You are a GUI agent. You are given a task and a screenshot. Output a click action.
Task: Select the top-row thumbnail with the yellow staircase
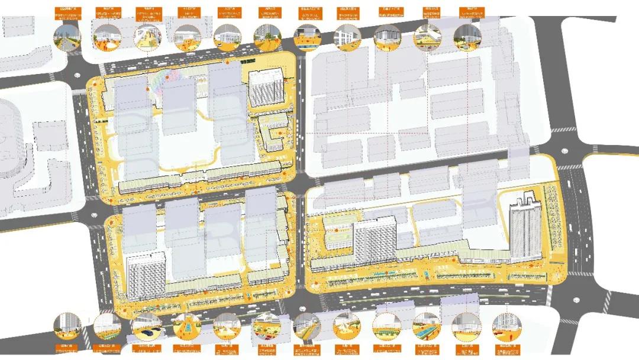tap(147, 37)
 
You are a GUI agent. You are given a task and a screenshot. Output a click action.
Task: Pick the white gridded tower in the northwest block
tap(262, 89)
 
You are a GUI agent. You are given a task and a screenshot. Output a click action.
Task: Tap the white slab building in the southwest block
tap(145, 276)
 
